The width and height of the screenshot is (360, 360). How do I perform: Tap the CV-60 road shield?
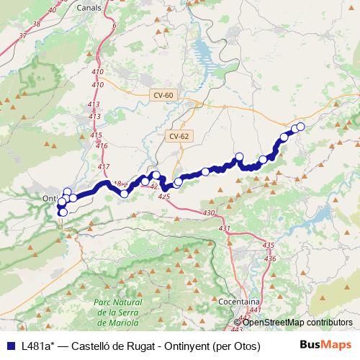pyautogui.click(x=163, y=95)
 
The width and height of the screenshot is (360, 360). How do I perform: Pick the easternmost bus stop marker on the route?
pyautogui.click(x=300, y=127)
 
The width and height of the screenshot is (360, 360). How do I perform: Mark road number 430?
pyautogui.click(x=210, y=213)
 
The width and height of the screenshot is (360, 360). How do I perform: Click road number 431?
pyautogui.click(x=225, y=228)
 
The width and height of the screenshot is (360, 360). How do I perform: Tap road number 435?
pyautogui.click(x=269, y=246)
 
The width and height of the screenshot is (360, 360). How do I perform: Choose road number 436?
pyautogui.click(x=270, y=258)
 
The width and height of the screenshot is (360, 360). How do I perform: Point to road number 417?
pyautogui.click(x=104, y=167)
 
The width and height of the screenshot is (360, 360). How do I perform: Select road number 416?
pyautogui.click(x=101, y=146)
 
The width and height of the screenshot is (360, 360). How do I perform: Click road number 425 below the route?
pyautogui.click(x=163, y=196)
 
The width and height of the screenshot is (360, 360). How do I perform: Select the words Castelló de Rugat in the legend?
pyautogui.click(x=100, y=345)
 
